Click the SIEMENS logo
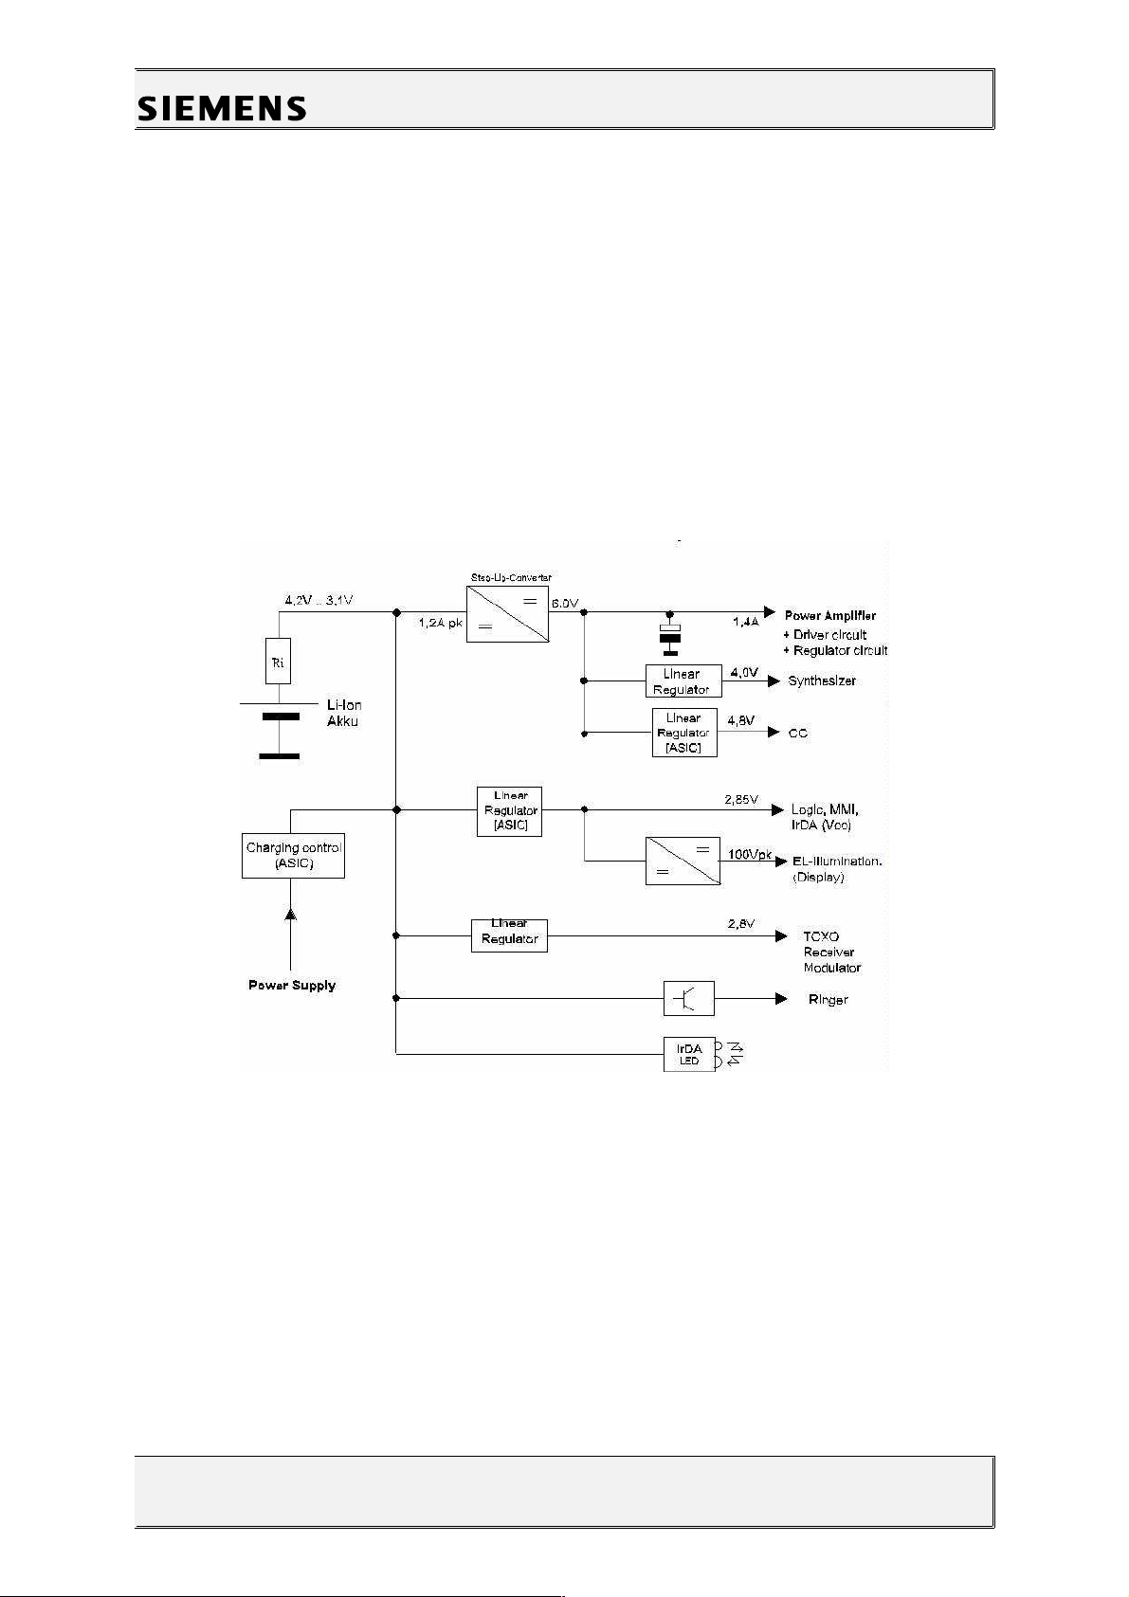pyautogui.click(x=222, y=108)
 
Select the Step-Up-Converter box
pyautogui.click(x=507, y=614)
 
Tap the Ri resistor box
pyautogui.click(x=278, y=662)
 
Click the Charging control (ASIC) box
pyautogui.click(x=293, y=855)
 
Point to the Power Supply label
pyautogui.click(x=292, y=986)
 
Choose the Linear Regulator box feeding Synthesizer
pyautogui.click(x=682, y=681)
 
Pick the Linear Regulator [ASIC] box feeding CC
pyautogui.click(x=683, y=734)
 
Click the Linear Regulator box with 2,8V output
pyautogui.click(x=509, y=935)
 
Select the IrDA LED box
pyautogui.click(x=689, y=1054)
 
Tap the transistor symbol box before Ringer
pyautogui.click(x=689, y=998)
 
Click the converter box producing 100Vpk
pyautogui.click(x=683, y=862)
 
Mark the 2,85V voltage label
pyautogui.click(x=742, y=800)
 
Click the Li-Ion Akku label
pyautogui.click(x=343, y=714)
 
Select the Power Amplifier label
pyautogui.click(x=830, y=615)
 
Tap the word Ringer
pyautogui.click(x=828, y=1000)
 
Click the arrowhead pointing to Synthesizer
pyautogui.click(x=774, y=681)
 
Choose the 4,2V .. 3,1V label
pyautogui.click(x=319, y=601)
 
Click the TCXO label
pyautogui.click(x=821, y=936)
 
